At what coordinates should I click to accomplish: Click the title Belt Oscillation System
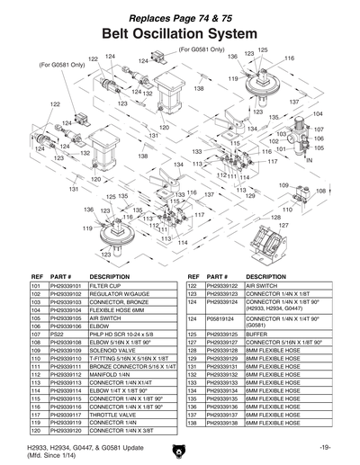180,33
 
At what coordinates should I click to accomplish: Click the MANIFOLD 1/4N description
112,373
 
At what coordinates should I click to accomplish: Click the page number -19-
325,447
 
